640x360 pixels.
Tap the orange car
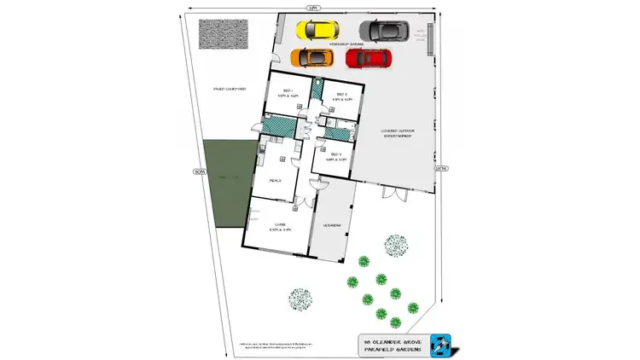(312, 58)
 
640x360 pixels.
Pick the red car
(369, 58)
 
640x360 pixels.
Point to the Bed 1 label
(288, 94)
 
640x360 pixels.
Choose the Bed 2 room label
(340, 96)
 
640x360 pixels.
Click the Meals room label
(276, 181)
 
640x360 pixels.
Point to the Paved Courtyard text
(230, 88)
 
